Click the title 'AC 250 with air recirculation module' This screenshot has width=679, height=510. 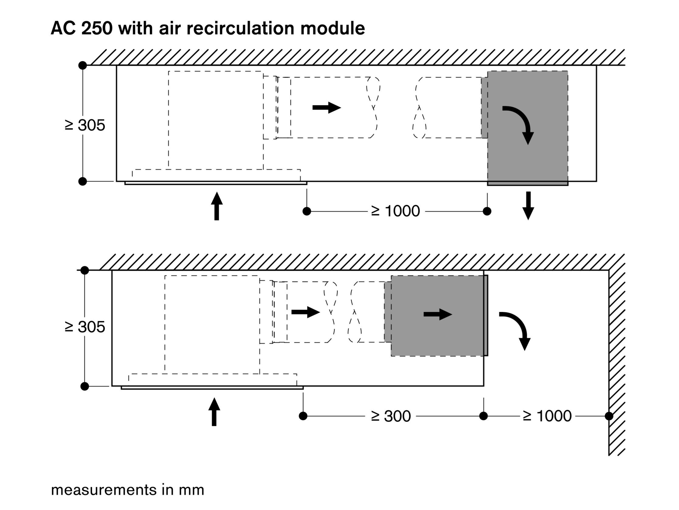point(208,28)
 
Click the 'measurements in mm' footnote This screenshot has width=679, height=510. point(127,490)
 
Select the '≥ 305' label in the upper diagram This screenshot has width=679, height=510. point(85,125)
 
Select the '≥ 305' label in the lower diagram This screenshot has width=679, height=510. point(85,327)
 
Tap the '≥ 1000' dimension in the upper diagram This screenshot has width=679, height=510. point(395,211)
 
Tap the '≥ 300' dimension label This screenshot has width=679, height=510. point(391,416)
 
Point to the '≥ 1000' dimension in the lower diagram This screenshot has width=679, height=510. point(547,416)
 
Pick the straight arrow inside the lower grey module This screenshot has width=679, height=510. point(438,314)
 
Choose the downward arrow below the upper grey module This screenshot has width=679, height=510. point(528,206)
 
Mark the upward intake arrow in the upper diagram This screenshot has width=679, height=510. point(217,206)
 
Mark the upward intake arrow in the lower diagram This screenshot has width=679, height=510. point(214,412)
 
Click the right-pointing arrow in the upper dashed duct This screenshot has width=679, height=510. point(327,108)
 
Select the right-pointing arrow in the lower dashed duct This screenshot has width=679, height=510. point(306,312)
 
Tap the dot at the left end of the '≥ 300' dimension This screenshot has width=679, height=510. point(303,416)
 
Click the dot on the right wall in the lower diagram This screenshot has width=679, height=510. point(609,416)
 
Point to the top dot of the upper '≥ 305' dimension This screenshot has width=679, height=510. point(83,65)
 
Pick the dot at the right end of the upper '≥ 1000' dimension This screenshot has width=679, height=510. point(487,211)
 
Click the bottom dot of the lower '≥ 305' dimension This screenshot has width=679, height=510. point(84,386)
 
